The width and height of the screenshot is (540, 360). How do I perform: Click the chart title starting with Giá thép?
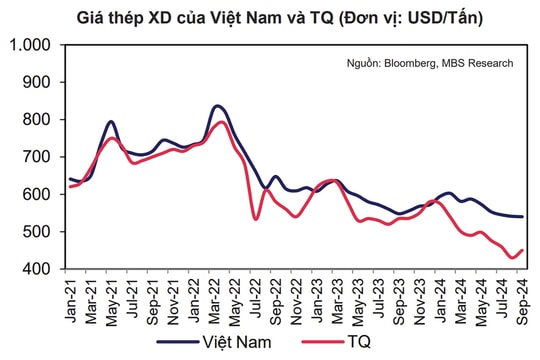pos(271,17)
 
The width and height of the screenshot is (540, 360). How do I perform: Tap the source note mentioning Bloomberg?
pos(430,63)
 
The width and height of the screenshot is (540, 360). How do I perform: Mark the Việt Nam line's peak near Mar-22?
pos(218,106)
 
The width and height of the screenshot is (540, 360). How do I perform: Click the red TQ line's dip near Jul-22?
pos(256,219)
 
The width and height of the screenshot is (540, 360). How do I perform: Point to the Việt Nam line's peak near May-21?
pos(111,122)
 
